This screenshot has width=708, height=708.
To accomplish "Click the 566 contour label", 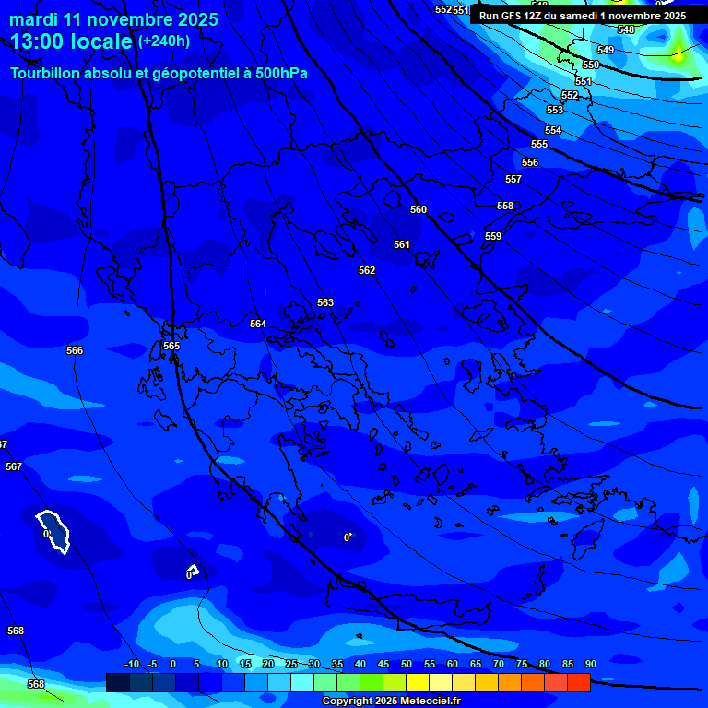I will pos(75,350).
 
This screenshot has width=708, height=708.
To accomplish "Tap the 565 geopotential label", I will pos(171,346).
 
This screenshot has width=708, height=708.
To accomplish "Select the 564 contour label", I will pos(258,324).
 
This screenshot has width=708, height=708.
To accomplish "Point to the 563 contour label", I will pos(325,302).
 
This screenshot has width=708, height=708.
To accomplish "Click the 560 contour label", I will pos(419,209).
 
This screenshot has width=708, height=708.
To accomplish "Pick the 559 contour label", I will pos(493,236).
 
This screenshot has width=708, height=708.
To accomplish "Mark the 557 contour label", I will pos(513,179).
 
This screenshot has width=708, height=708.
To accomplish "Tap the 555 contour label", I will pos(539,144).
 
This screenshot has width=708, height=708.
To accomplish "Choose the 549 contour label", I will pos(606,50).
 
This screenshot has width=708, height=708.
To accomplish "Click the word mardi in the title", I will pos(35,19).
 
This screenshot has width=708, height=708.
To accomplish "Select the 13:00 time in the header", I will pos(38,42).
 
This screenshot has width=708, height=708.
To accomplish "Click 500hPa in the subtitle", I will pos(281,73).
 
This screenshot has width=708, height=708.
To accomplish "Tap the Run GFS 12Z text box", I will pos(583,16).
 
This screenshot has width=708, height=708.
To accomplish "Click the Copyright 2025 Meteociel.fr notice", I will pos(391,702).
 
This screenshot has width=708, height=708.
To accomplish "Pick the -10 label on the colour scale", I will pos(131,664).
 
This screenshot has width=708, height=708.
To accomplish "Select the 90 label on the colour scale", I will pos(590,664).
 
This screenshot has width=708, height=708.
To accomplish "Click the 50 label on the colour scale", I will pos(407,664).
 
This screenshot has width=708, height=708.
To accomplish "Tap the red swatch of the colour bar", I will pos(578,682).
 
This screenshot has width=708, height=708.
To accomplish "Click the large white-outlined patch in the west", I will pos(55,532).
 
